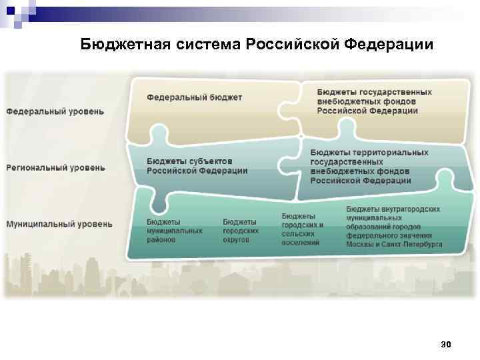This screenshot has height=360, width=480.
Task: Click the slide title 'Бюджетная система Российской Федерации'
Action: (x=257, y=45)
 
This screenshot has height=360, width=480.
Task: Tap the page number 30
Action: (x=446, y=344)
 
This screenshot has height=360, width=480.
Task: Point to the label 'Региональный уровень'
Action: (x=56, y=168)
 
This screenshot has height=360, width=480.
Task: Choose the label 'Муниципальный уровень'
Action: (x=59, y=224)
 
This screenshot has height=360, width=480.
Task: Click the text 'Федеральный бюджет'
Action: (x=195, y=97)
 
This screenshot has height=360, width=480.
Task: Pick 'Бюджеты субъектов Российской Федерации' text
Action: (x=197, y=166)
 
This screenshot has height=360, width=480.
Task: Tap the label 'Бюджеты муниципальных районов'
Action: (x=175, y=230)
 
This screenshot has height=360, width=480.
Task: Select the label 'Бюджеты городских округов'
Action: (x=240, y=230)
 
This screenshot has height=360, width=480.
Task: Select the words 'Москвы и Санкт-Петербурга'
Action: (x=394, y=245)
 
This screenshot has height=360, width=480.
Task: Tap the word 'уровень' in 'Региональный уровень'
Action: (x=85, y=168)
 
